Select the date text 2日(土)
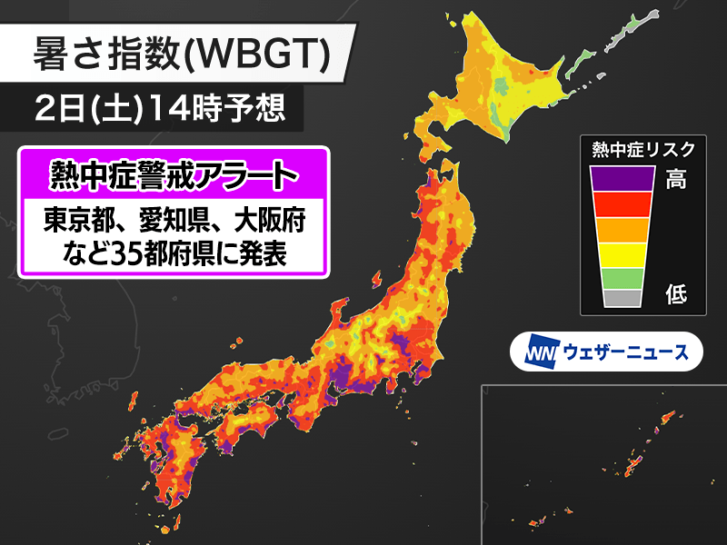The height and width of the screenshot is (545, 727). tap(79, 108)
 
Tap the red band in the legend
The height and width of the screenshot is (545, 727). tap(622, 204)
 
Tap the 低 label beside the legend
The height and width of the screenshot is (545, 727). tap(676, 294)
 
